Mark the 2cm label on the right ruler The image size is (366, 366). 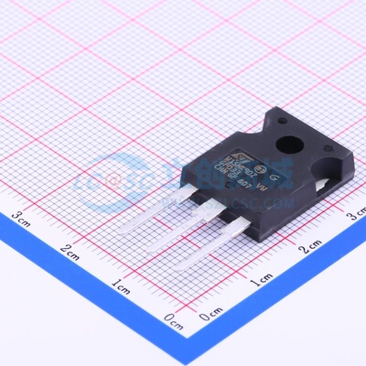point(312,247)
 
